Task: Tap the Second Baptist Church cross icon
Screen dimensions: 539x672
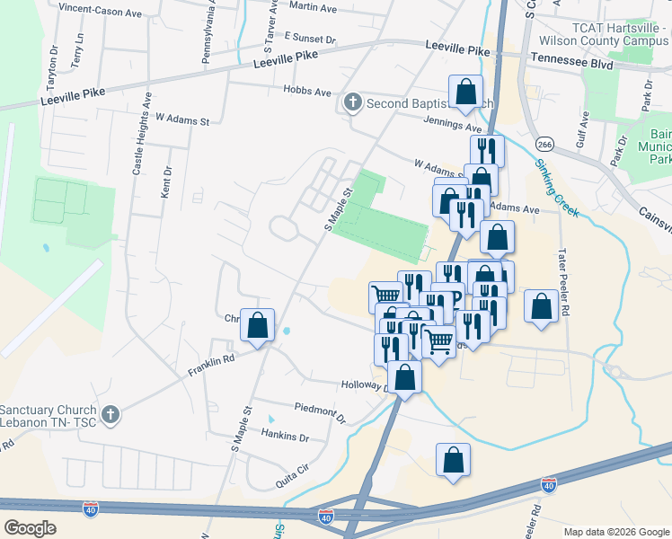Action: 353,103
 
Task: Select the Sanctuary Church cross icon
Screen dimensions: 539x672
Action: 110,413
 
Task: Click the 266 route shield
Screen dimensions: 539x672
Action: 544,144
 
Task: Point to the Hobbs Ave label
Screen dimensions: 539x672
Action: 307,93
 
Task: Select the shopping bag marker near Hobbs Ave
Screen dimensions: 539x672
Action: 465,92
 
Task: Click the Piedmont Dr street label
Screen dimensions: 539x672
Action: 321,411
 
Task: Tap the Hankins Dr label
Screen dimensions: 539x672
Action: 285,437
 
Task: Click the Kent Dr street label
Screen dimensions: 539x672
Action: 166,183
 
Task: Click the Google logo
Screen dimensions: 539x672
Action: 31,528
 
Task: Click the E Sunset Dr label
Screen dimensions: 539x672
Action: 309,40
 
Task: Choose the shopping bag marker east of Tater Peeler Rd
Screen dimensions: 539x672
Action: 541,306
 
